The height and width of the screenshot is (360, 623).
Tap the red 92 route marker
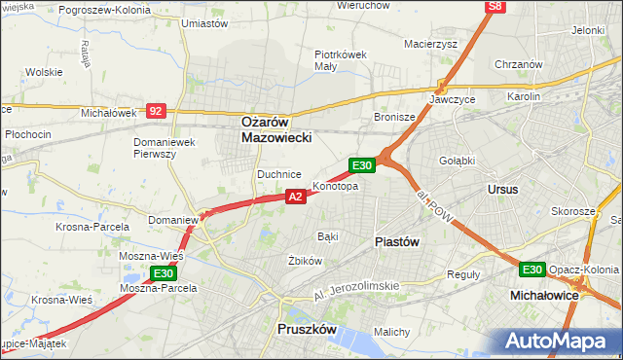pyautogui.click(x=156, y=111)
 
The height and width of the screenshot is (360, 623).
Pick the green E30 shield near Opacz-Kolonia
pyautogui.click(x=531, y=270)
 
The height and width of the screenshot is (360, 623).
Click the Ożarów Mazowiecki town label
pyautogui.click(x=276, y=130)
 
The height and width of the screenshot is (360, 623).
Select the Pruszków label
pyautogui.click(x=307, y=330)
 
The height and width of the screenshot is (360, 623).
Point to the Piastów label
pyautogui.click(x=396, y=241)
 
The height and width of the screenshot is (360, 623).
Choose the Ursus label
pyautogui.click(x=503, y=189)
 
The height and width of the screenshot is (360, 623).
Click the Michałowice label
pyautogui.click(x=544, y=293)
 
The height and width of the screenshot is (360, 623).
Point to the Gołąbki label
pyautogui.click(x=456, y=161)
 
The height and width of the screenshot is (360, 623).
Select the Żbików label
pyautogui.click(x=305, y=261)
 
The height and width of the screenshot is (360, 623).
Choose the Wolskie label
pyautogui.click(x=44, y=72)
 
